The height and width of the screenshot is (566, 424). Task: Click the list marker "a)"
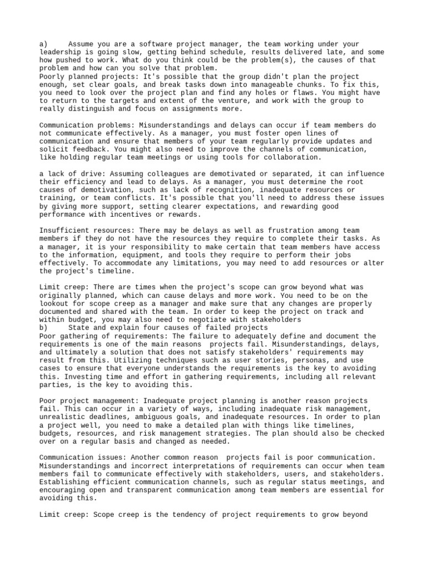pos(44,44)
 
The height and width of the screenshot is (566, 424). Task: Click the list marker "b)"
pos(44,328)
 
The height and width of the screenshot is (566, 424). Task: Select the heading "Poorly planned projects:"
pos(87,76)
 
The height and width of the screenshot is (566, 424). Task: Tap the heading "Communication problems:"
pos(87,125)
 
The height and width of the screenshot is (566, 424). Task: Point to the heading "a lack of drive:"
pos(72,174)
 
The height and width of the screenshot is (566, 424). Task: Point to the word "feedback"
pos(91,149)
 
